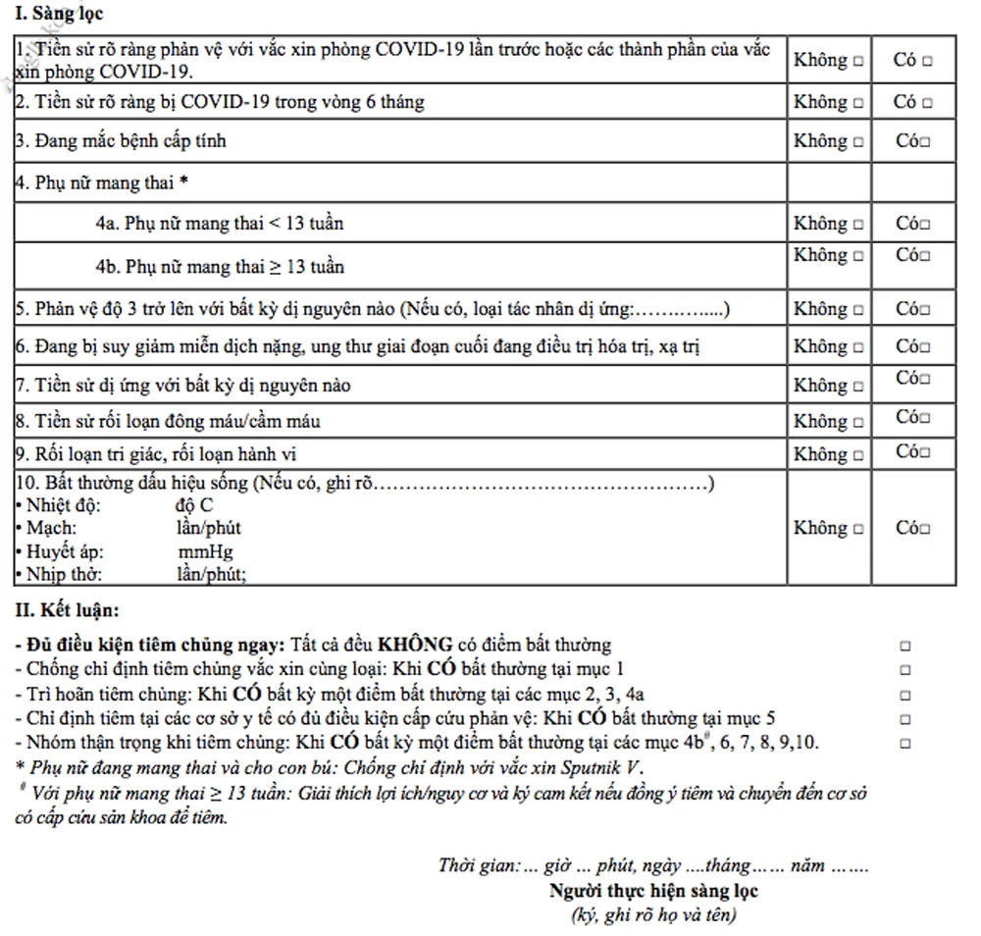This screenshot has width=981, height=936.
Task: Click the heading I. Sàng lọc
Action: click(x=60, y=15)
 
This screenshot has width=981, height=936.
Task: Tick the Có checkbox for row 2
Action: click(x=926, y=103)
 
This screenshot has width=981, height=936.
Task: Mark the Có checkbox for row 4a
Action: click(x=926, y=225)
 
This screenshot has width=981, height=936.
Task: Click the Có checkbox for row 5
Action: click(x=926, y=310)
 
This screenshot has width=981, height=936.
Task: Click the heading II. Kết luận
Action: click(x=67, y=610)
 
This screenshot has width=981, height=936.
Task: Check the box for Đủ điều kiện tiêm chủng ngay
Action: click(x=905, y=647)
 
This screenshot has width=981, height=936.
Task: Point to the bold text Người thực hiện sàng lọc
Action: click(x=653, y=892)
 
